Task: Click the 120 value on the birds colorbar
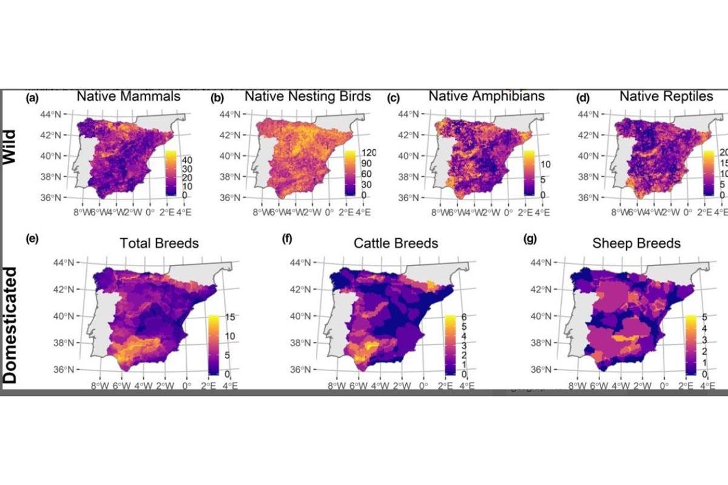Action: pos(369,153)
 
